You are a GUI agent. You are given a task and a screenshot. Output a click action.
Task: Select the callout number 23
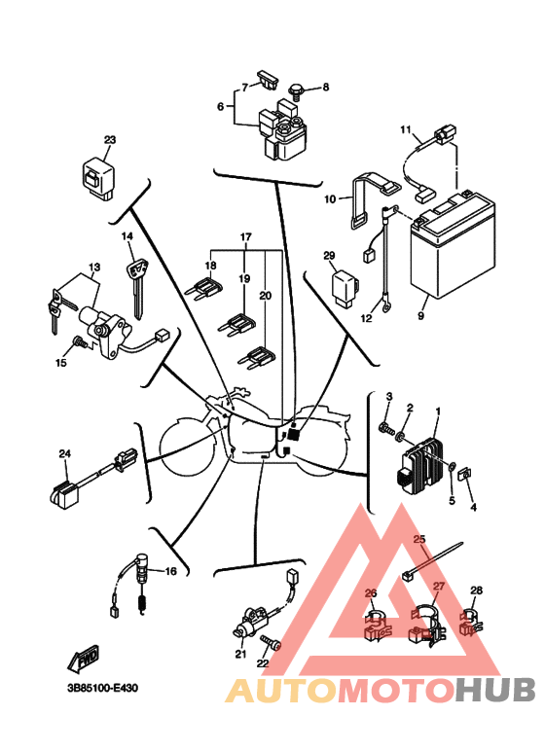[x=110, y=141]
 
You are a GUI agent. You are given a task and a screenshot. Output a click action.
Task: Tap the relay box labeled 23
[x=97, y=176]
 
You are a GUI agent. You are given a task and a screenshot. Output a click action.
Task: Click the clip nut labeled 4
[x=466, y=475]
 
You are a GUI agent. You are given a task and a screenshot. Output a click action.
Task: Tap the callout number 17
[x=246, y=237]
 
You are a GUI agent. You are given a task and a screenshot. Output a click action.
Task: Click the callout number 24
[x=64, y=454]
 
